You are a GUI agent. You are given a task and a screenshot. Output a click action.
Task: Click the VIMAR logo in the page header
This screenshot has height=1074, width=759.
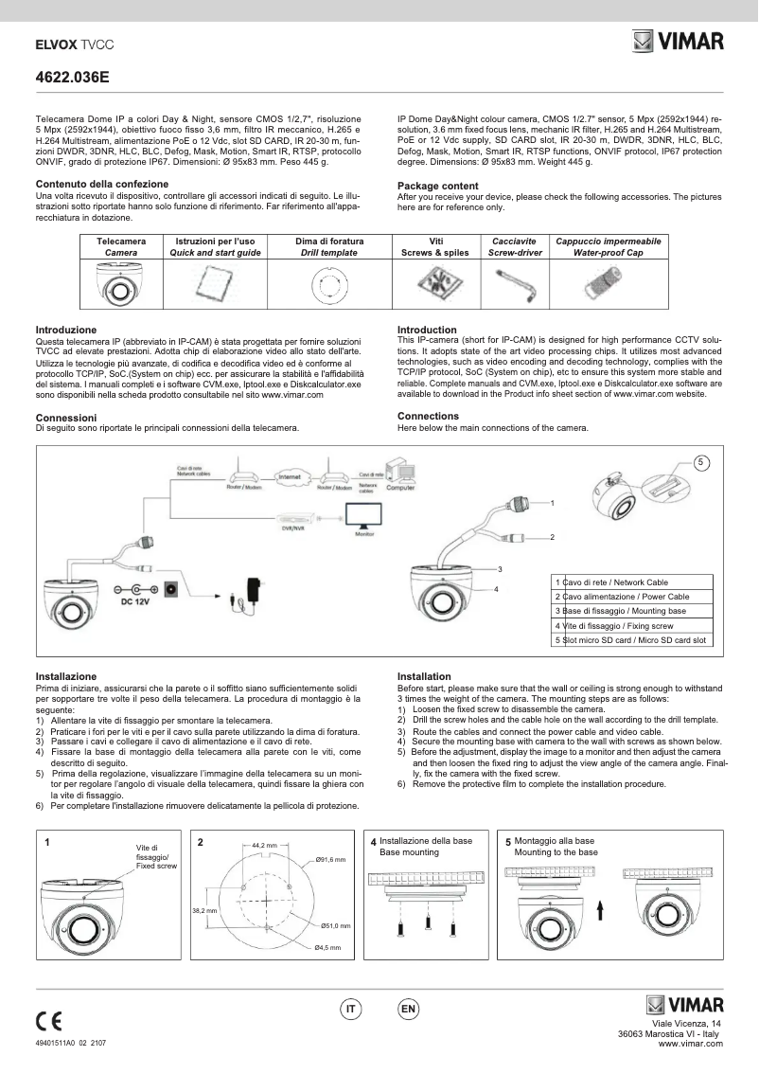[678, 43]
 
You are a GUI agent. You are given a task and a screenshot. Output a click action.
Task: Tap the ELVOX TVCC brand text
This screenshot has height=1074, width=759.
[67, 44]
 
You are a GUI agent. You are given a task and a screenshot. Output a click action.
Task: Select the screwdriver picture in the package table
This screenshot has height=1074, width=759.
[517, 281]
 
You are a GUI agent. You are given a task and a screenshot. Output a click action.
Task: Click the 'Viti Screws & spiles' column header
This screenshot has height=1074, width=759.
[436, 247]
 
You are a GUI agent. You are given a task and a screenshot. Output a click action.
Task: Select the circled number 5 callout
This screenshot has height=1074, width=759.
[701, 462]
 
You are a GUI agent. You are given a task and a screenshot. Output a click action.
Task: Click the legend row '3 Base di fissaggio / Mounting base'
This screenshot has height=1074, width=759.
[631, 611]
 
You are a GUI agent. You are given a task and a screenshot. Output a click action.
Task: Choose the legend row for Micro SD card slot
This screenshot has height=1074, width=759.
[631, 640]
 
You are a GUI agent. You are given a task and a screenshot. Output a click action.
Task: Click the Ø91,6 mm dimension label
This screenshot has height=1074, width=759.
[331, 859]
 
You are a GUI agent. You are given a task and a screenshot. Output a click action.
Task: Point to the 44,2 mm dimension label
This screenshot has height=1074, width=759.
[265, 844]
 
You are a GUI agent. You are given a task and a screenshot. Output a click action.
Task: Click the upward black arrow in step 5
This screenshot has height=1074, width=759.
[601, 910]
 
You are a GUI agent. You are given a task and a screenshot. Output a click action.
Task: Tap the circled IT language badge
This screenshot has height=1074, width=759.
[350, 1010]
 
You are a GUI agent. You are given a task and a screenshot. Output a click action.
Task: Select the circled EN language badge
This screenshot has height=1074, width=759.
[408, 1010]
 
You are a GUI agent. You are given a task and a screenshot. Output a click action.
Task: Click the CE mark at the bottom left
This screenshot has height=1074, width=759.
[48, 1021]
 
